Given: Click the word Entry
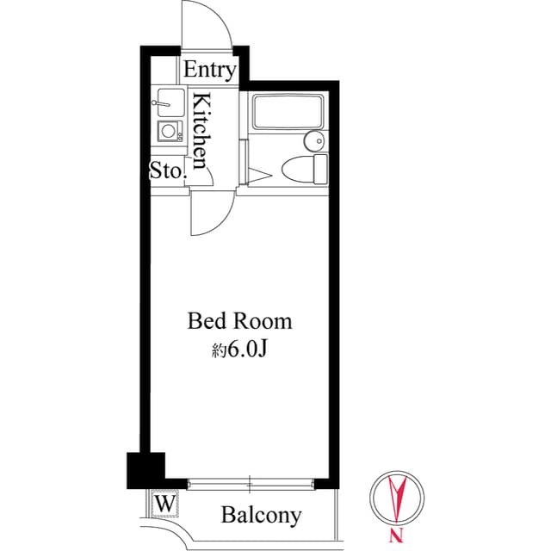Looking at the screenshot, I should (209, 70).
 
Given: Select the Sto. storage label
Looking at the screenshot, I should (168, 170).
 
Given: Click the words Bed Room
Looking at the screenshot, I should (240, 322).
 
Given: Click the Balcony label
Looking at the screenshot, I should (262, 516).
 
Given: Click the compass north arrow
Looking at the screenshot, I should (397, 500).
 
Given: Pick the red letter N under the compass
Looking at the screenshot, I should (395, 538).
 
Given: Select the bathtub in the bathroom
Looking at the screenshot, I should (287, 113).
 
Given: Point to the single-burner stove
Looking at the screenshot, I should (169, 131).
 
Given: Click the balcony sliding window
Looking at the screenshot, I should (250, 482).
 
